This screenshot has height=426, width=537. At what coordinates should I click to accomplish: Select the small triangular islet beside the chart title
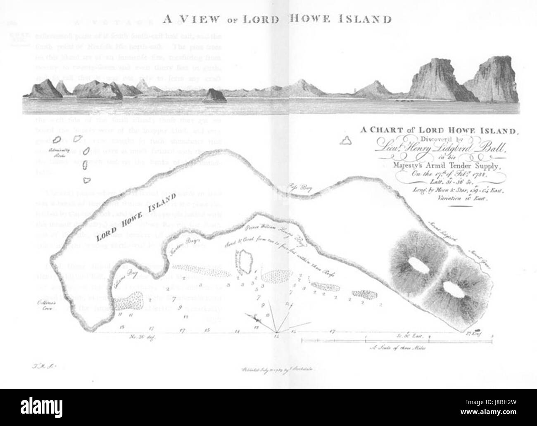[x=344, y=142]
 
